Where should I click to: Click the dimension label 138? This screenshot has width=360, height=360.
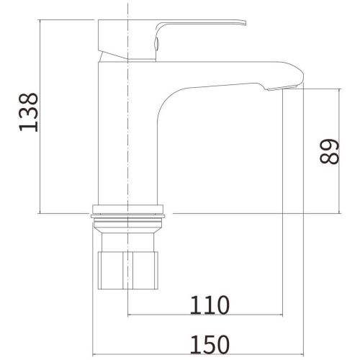pyautogui.click(x=28, y=112)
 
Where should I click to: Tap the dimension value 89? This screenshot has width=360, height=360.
pyautogui.click(x=329, y=151)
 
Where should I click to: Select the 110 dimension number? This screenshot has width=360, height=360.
pyautogui.click(x=210, y=305)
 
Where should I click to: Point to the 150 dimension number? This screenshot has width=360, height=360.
pyautogui.click(x=210, y=344)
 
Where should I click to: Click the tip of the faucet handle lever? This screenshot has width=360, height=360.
pyautogui.click(x=246, y=22)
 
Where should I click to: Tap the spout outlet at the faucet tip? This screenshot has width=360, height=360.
pyautogui.click(x=283, y=88)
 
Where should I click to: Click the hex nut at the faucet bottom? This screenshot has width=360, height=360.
pyautogui.click(x=128, y=271)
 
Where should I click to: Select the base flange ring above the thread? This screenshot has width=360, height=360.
pyautogui.click(x=128, y=209)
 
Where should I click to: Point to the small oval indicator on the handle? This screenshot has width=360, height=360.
pyautogui.click(x=156, y=44)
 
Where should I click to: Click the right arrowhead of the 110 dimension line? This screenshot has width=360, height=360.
pyautogui.click(x=282, y=315)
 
